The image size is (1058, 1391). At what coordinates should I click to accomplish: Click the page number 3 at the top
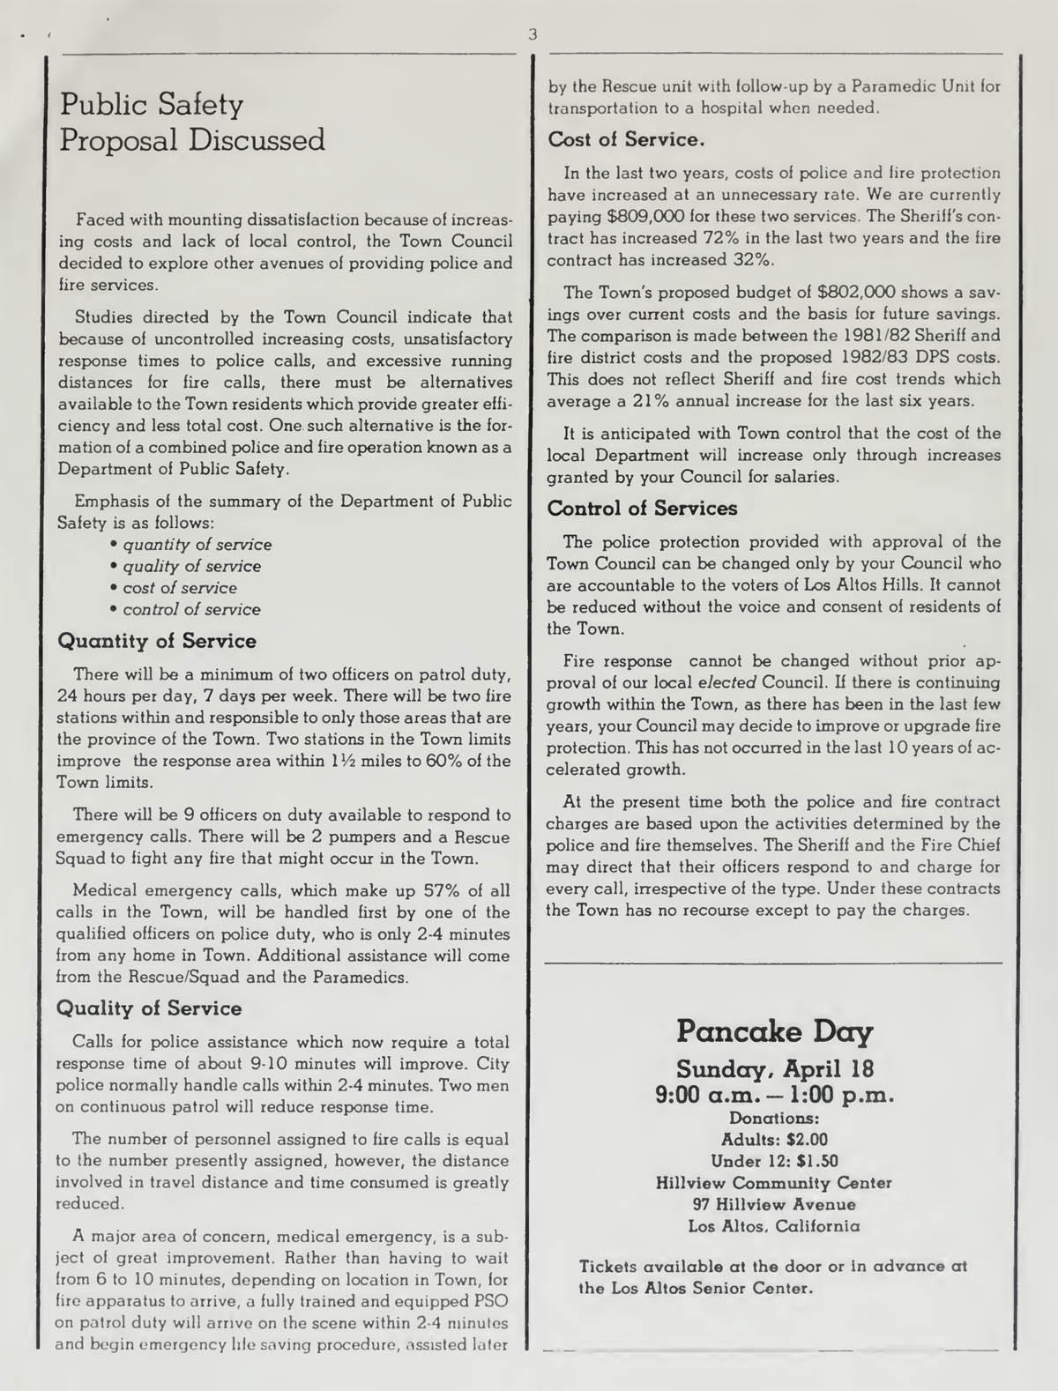(532, 35)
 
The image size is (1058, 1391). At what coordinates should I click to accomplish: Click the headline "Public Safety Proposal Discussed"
(191, 123)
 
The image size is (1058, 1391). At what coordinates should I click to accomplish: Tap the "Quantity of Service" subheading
(157, 641)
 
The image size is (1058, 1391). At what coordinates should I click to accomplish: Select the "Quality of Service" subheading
(149, 1008)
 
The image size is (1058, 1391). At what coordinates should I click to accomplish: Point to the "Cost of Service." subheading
(626, 139)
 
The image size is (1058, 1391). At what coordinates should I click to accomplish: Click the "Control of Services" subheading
(642, 509)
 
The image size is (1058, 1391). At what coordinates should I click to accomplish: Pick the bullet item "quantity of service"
(197, 545)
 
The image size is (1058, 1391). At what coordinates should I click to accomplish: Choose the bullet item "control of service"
(191, 609)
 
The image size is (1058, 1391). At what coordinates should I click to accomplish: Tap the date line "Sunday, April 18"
(775, 1069)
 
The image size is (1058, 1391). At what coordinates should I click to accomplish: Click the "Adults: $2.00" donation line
(775, 1139)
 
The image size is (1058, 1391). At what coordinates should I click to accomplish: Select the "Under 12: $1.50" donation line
(775, 1161)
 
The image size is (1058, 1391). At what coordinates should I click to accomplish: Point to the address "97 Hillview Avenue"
(775, 1204)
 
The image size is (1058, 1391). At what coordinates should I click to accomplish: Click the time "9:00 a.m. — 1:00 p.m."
(775, 1095)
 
